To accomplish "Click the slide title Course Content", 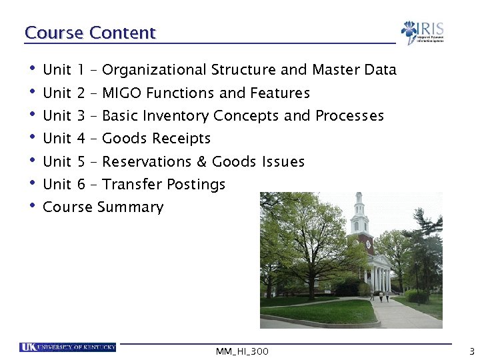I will point(90,33).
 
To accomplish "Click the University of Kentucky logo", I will point(67,347).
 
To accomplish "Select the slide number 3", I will point(471,351).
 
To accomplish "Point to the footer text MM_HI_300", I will point(243,351).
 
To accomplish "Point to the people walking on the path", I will point(384,296).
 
